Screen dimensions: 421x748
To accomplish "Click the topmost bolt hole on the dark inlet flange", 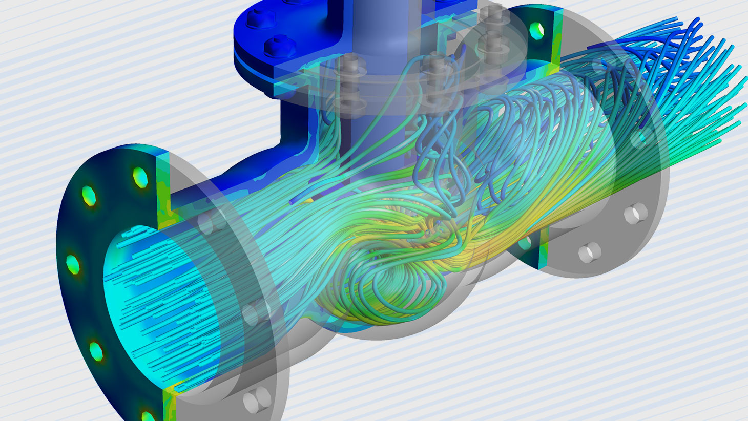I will coord(139,177).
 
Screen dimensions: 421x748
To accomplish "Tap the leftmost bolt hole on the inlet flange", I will coord(73,263).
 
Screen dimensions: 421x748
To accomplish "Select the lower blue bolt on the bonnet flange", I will coord(276,46).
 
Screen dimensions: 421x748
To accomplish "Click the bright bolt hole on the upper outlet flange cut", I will coord(536,30).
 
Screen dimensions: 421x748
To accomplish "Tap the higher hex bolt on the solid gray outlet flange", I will coord(633,214).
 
